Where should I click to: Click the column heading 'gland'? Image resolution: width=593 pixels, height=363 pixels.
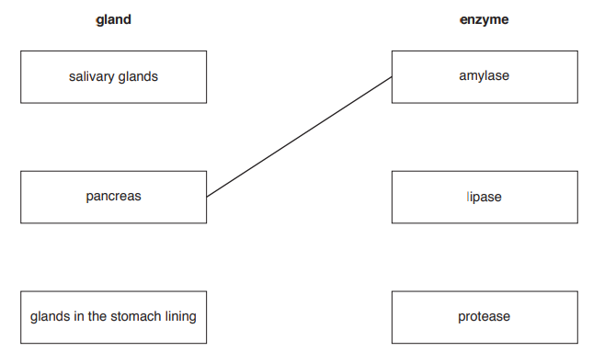pyautogui.click(x=113, y=19)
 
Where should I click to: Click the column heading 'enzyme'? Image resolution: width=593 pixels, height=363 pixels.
pyautogui.click(x=484, y=19)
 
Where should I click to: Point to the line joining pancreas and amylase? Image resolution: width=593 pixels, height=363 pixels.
pyautogui.click(x=300, y=136)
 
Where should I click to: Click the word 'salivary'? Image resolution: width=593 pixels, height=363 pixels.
pyautogui.click(x=91, y=77)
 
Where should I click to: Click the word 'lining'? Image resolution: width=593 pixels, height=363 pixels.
pyautogui.click(x=178, y=317)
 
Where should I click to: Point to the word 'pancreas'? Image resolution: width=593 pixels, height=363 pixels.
pyautogui.click(x=113, y=197)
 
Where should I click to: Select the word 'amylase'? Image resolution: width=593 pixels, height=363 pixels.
pyautogui.click(x=485, y=76)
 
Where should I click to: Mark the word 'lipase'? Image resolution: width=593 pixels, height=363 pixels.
pyautogui.click(x=485, y=197)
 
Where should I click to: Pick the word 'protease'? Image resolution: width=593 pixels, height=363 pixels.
pyautogui.click(x=485, y=317)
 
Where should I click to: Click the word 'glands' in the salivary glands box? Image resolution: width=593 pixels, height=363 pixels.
pyautogui.click(x=138, y=77)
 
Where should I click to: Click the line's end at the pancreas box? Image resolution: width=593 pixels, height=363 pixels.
pyautogui.click(x=208, y=196)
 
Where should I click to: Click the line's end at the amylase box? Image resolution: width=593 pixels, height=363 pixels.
pyautogui.click(x=391, y=77)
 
